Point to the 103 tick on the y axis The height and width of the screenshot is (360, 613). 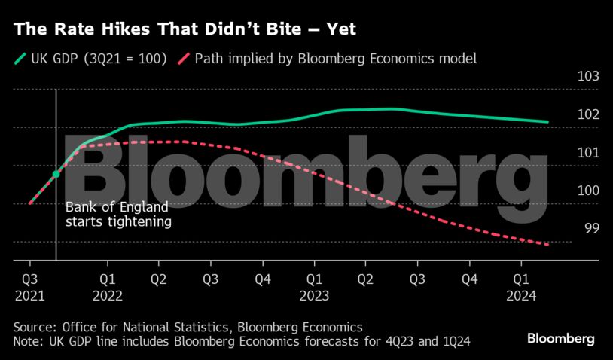pyautogui.click(x=587, y=77)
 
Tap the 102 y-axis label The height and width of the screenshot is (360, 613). pyautogui.click(x=587, y=114)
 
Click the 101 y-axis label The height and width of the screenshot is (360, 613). pyautogui.click(x=587, y=152)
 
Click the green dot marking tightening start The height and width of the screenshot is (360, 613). pyautogui.click(x=56, y=175)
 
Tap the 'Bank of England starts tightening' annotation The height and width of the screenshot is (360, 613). pyautogui.click(x=117, y=215)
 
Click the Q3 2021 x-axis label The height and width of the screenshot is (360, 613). pyautogui.click(x=29, y=287)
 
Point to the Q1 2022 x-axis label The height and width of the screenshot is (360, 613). pyautogui.click(x=108, y=287)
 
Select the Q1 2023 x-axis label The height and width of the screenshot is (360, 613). pyautogui.click(x=314, y=287)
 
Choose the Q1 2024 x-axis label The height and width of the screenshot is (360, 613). pyautogui.click(x=521, y=287)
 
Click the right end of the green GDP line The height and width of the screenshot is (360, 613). pyautogui.click(x=547, y=122)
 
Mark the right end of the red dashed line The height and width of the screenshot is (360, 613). pyautogui.click(x=547, y=245)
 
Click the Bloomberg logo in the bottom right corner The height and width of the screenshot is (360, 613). pyautogui.click(x=561, y=338)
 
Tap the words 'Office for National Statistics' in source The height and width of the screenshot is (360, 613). pyautogui.click(x=139, y=328)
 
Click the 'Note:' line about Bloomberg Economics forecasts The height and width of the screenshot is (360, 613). pyautogui.click(x=242, y=342)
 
